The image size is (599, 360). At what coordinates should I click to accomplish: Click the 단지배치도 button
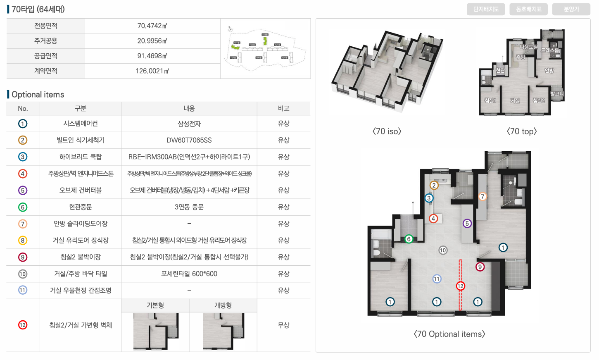click(x=486, y=9)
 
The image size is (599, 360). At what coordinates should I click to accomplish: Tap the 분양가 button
click(x=571, y=9)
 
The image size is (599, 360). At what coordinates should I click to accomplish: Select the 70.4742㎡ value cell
click(x=152, y=26)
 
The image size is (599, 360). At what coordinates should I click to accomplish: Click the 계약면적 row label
click(x=45, y=71)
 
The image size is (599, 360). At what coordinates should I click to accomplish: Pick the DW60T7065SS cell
click(x=189, y=140)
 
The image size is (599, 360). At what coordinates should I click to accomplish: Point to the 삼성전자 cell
click(x=189, y=124)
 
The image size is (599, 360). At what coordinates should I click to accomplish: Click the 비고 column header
click(x=283, y=108)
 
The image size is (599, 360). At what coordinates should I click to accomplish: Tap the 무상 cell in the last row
click(x=283, y=325)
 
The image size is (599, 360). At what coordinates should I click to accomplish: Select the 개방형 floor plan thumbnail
click(x=223, y=331)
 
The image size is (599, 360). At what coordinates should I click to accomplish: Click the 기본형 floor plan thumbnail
click(x=156, y=331)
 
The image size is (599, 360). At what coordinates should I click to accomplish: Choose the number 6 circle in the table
click(x=23, y=207)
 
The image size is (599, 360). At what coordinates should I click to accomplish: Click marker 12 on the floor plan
click(x=460, y=286)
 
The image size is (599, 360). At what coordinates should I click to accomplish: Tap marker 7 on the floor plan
click(x=482, y=197)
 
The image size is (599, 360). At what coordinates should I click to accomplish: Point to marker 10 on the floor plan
click(x=443, y=250)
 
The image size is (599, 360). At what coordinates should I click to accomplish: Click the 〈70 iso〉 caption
click(x=387, y=131)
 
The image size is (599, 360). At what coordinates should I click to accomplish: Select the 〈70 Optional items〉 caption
click(x=449, y=334)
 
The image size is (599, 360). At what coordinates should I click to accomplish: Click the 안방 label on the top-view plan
click(x=549, y=71)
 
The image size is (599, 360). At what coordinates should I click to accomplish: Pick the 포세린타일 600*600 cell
click(x=189, y=274)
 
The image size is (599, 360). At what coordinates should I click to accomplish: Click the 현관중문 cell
click(x=81, y=207)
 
